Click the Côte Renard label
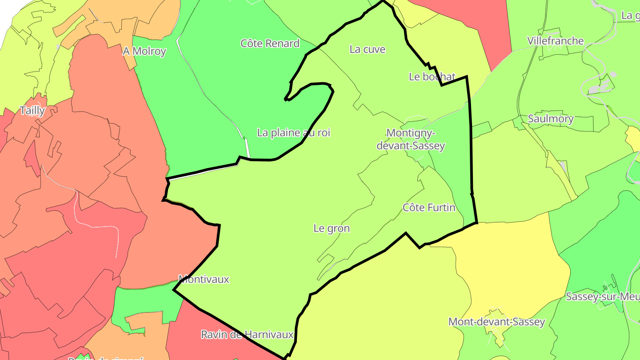(x=270, y=44)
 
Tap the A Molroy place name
(x=144, y=51)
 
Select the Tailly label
(x=32, y=111)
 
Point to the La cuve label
(x=367, y=49)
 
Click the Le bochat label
(x=432, y=77)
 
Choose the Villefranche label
(x=555, y=41)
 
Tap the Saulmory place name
(x=550, y=119)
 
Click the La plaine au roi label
(x=293, y=132)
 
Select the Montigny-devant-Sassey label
(x=410, y=139)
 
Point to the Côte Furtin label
(x=428, y=208)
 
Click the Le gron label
(x=332, y=228)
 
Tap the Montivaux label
(x=204, y=279)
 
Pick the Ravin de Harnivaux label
(x=247, y=334)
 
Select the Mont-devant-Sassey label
(x=496, y=322)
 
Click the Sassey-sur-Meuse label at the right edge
(x=602, y=296)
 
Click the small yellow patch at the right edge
(x=633, y=138)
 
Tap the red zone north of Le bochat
(x=471, y=22)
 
